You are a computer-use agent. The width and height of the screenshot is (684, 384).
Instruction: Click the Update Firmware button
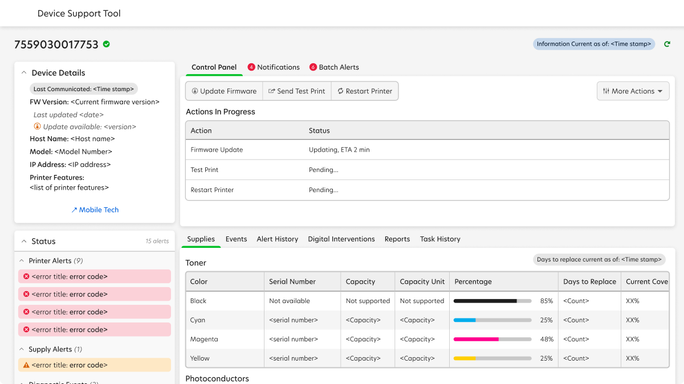(224, 91)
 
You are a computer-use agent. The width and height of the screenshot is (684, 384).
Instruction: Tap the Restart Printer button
(364, 91)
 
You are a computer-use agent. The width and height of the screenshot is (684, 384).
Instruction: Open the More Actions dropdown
(633, 91)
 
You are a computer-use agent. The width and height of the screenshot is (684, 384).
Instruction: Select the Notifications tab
(274, 67)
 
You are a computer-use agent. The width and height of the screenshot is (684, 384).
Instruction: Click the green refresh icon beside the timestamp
(667, 44)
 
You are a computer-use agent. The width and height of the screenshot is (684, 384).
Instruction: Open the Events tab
(236, 239)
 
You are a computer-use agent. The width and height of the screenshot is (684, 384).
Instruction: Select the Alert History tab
(277, 239)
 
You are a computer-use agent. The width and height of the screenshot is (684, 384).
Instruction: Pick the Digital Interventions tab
(341, 239)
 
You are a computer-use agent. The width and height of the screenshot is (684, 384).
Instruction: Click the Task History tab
(440, 239)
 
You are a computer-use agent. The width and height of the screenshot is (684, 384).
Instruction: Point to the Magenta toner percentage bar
(492, 339)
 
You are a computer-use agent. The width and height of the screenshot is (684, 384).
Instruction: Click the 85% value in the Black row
(546, 301)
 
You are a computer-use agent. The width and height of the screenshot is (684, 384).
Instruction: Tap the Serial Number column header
(292, 281)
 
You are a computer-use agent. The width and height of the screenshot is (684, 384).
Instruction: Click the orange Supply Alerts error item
(95, 365)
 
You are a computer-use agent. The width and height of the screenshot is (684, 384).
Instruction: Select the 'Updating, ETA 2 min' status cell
(339, 150)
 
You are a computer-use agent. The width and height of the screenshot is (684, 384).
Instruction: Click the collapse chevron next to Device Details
(24, 73)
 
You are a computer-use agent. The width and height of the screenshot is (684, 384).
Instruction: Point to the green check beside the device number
(107, 44)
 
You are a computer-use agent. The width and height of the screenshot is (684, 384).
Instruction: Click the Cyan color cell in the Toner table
(198, 320)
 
